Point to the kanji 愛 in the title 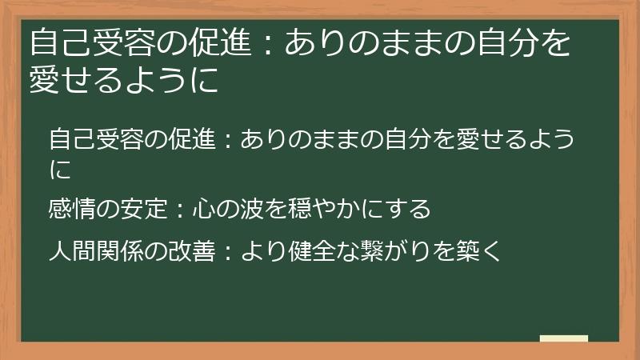(45, 81)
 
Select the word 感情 (68, 209)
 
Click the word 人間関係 (88, 250)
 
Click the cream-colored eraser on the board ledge (564, 338)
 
